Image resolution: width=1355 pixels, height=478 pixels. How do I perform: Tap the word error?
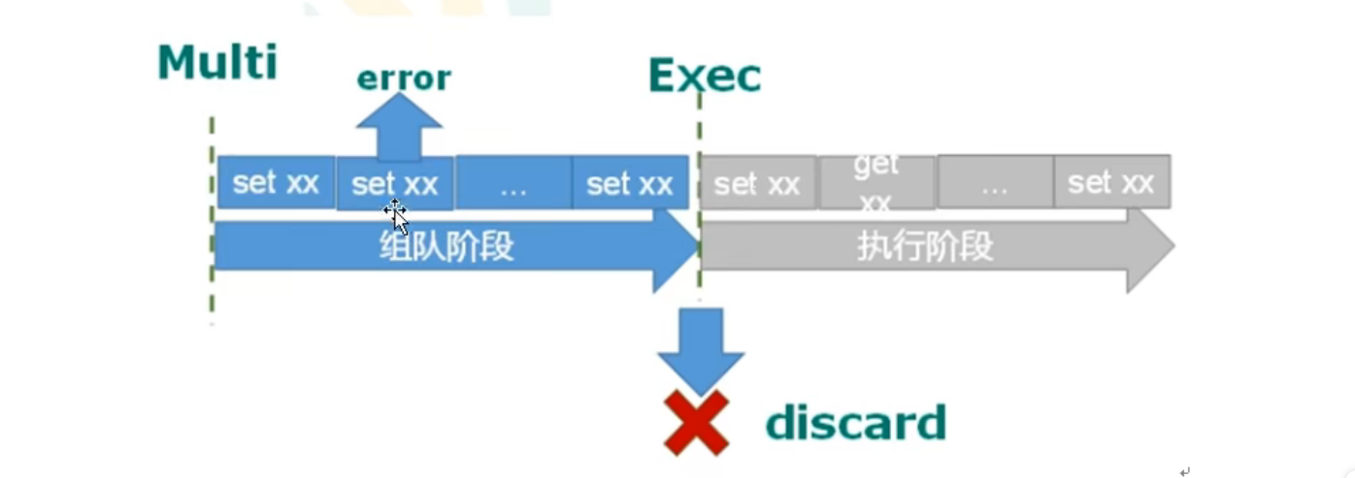click(x=404, y=78)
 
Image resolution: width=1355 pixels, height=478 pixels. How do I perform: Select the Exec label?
click(x=705, y=76)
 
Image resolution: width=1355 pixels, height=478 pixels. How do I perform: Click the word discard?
click(x=855, y=423)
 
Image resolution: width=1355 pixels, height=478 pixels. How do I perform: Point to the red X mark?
click(x=696, y=423)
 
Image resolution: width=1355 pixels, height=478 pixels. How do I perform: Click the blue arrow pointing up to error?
click(x=399, y=126)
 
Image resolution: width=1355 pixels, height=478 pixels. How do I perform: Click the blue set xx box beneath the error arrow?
click(x=395, y=183)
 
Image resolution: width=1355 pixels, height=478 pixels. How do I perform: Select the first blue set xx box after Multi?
click(x=276, y=182)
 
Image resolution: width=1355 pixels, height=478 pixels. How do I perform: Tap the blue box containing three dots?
click(x=512, y=183)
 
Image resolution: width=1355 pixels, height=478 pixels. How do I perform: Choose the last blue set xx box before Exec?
click(x=630, y=183)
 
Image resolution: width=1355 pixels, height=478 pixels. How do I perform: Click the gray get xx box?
click(x=876, y=182)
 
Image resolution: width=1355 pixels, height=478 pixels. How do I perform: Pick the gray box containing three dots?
click(x=994, y=183)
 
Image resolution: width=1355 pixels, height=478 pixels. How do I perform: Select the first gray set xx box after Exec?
click(x=757, y=183)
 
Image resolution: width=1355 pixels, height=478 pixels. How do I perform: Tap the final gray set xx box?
click(x=1111, y=182)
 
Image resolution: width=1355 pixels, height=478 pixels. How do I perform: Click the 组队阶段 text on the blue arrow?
click(x=446, y=247)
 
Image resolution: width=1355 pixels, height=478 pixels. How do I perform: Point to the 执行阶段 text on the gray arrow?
click(x=925, y=247)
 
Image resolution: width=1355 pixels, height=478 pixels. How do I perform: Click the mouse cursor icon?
click(x=396, y=212)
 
